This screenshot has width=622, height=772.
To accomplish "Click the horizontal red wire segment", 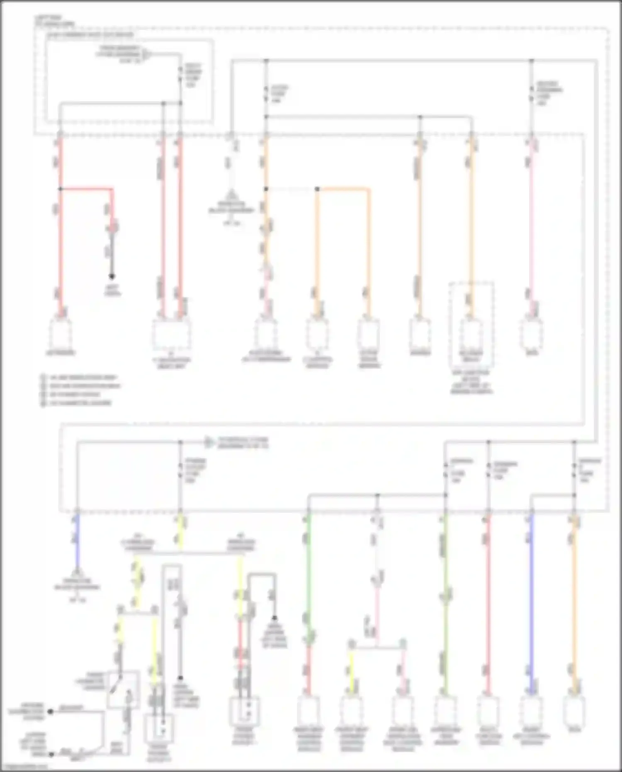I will point(86,189).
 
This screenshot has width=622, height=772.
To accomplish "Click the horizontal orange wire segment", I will point(343,189).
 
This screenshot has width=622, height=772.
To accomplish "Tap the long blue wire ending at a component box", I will point(532,602).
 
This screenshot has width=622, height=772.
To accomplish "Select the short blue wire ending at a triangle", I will point(77,539).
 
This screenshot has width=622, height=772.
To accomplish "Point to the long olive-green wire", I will point(445,602).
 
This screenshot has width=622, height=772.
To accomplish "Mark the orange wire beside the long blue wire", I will point(574,602).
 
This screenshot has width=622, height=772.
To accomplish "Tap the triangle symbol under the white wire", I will point(231,195).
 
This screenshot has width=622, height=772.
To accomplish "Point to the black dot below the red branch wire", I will point(112,276).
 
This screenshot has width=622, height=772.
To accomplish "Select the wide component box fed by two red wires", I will point(171,334).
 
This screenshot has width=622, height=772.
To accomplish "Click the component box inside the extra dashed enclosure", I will point(471,334).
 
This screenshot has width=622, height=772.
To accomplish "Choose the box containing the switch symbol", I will point(123,689).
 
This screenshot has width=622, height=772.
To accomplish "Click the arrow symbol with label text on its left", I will point(147,54).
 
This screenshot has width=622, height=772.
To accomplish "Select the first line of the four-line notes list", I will point(79,377).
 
